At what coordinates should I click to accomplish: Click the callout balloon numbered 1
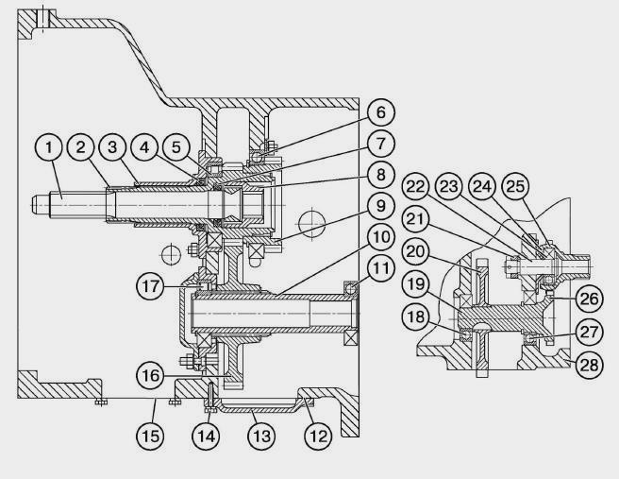coord(49,147)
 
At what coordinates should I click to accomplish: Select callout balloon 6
coord(380,111)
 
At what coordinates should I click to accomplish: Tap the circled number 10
coord(380,237)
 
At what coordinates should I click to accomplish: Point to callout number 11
coord(380,268)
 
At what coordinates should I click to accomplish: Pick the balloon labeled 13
coord(261,436)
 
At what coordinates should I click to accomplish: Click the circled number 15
coord(150,436)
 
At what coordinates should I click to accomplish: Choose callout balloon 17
coord(150,285)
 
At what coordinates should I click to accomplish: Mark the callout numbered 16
coord(150,375)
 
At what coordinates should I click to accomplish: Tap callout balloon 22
coord(415,186)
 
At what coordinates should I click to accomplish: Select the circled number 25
coord(515,186)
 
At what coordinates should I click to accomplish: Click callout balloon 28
coord(590,365)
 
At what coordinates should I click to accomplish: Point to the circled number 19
coord(415,283)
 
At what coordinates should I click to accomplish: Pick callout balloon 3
coord(112,147)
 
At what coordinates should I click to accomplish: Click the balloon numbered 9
coord(380,206)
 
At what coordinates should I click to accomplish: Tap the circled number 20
coord(415,251)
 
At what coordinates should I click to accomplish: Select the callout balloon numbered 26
coord(590,299)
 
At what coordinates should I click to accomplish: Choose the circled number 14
coord(206,436)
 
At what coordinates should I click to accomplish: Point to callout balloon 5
coord(176,147)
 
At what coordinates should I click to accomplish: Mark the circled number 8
coord(380,174)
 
